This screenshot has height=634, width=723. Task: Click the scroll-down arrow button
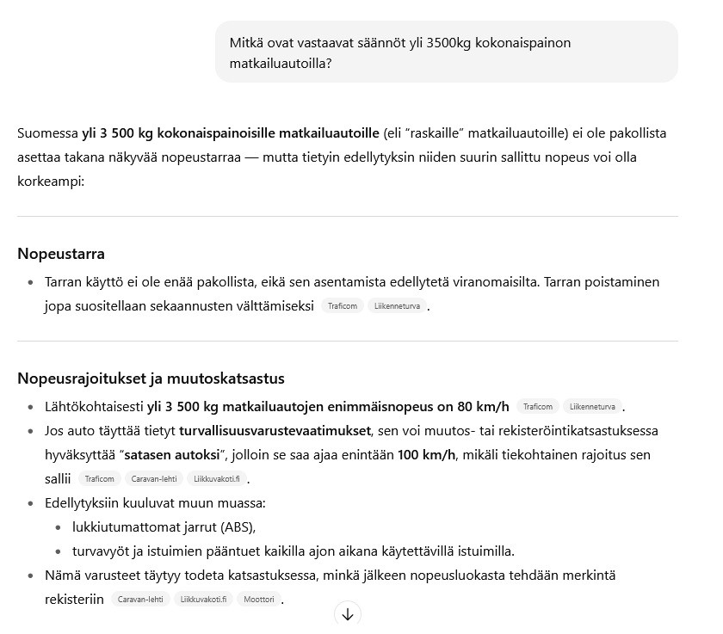coord(348,614)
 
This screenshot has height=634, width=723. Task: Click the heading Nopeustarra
coord(61,254)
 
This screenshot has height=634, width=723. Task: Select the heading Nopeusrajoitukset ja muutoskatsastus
coord(151,379)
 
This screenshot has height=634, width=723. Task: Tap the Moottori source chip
coord(258,600)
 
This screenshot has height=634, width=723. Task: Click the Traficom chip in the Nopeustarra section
coord(342,306)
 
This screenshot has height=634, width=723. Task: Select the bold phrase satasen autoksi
coord(171,454)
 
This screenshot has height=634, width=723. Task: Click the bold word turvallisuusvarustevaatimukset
coord(275,430)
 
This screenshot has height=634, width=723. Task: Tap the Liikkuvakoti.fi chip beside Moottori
coord(203,600)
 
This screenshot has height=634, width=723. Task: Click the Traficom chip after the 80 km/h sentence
coord(537,407)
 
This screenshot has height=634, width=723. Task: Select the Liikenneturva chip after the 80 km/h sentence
coord(592,407)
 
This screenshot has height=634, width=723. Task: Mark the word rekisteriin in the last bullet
coord(74,599)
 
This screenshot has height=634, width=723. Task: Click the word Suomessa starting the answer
coord(47,133)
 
